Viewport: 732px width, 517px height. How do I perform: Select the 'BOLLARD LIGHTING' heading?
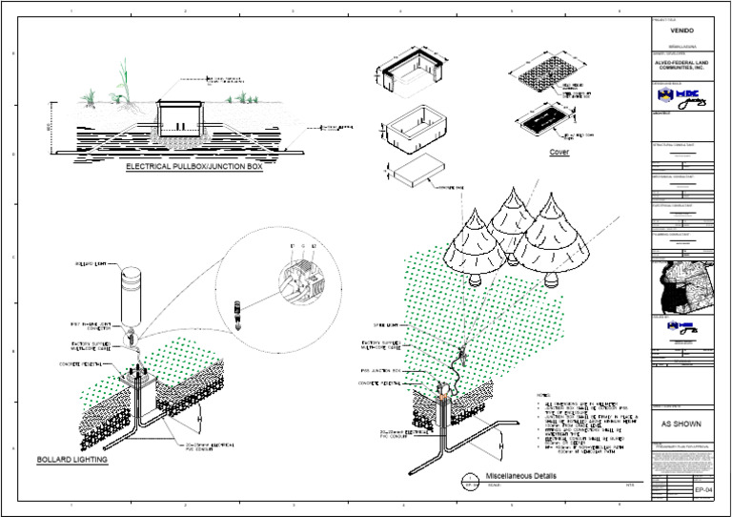click(71, 460)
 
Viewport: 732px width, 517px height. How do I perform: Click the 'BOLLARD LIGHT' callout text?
click(91, 262)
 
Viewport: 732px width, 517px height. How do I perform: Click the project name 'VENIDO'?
click(681, 30)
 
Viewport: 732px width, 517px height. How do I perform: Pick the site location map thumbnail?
click(681, 285)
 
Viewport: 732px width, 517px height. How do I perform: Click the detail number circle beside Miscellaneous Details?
click(468, 480)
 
